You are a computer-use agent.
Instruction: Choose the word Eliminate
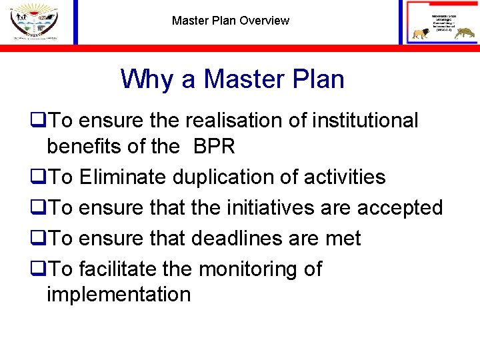click(x=123, y=177)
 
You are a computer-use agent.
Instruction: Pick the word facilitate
click(x=118, y=269)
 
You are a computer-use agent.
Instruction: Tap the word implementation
click(x=118, y=294)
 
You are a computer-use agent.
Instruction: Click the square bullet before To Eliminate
click(x=36, y=177)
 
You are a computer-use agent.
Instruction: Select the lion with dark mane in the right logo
click(x=421, y=33)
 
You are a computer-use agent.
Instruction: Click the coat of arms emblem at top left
click(x=34, y=21)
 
